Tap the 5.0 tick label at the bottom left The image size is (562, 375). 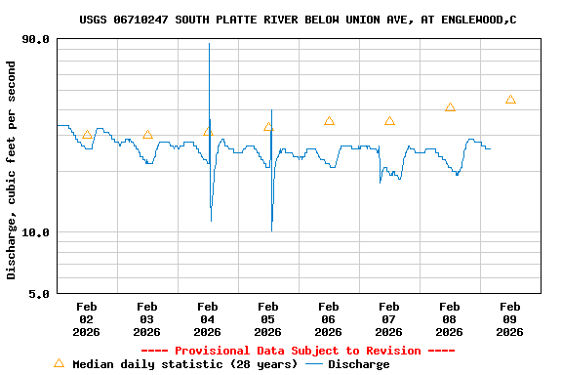40,293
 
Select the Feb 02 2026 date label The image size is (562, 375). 86,319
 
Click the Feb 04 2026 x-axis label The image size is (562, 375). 207,319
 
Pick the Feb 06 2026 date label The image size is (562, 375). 328,319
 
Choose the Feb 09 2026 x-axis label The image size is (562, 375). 509,319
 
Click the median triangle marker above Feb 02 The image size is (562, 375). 87,135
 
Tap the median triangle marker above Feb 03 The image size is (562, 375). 147,135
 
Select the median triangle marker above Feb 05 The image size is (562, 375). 268,126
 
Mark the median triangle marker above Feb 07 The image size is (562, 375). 389,121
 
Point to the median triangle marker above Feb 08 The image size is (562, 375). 450,106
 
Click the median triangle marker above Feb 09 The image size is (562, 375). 510,100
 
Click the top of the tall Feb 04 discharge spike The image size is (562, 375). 209,44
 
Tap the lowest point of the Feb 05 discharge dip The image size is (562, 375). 271,230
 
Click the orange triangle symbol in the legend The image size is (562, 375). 59,363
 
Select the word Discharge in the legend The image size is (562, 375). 358,364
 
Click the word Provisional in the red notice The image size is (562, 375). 211,351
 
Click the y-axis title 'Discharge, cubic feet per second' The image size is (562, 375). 12,170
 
